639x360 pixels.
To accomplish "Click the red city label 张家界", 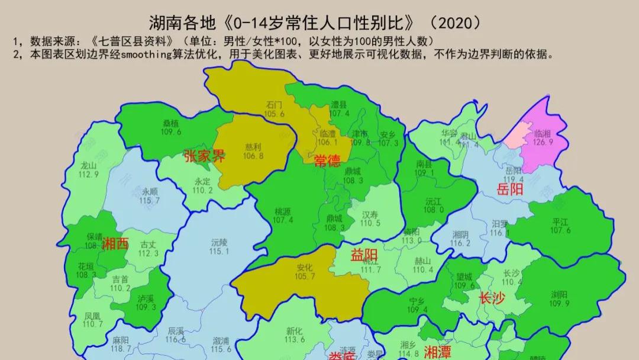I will point(204,157).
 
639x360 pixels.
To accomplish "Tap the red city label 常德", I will point(327,161).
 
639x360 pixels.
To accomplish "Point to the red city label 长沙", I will point(492,298).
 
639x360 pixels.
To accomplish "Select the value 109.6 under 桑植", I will point(171,131).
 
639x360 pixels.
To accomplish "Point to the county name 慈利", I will point(253,147).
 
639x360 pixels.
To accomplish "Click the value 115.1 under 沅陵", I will point(219,251).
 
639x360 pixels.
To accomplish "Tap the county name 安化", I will point(305,268).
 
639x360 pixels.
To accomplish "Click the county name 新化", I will point(295,331).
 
